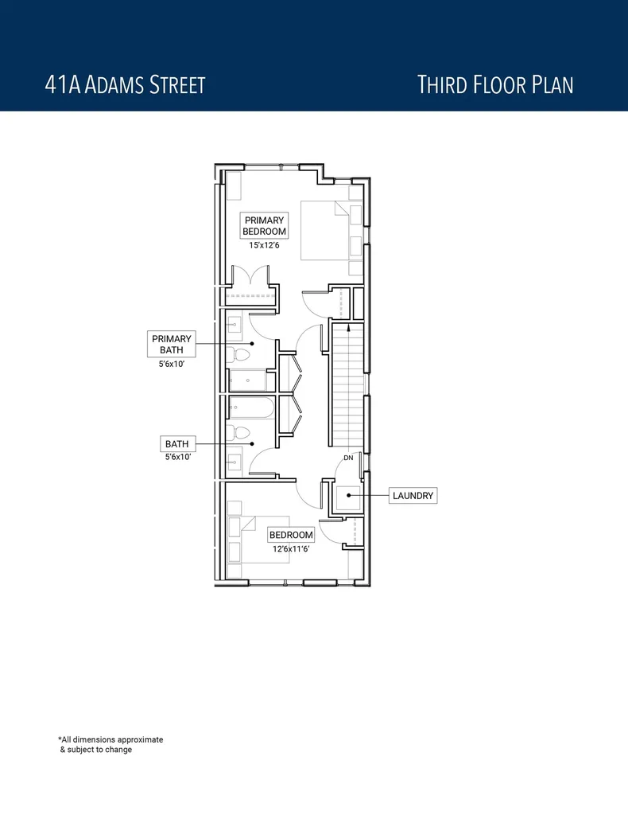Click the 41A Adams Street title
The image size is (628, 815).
126,85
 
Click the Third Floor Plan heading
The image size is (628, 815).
495,85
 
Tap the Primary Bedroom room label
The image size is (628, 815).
264,225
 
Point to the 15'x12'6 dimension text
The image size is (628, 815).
264,245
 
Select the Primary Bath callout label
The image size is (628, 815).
172,344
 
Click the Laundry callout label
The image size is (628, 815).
413,496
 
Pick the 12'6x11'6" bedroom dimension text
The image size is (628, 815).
290,548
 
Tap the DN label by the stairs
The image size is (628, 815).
348,458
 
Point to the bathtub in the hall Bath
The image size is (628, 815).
251,408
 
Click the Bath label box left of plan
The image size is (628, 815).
176,443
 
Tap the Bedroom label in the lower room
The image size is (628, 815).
291,535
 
